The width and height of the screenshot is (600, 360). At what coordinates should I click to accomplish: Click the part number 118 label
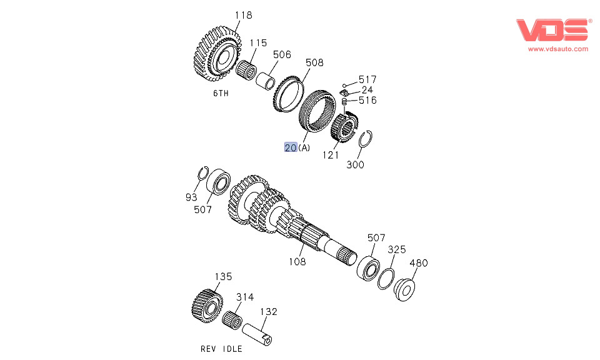244,14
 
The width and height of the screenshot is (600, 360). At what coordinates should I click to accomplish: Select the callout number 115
258,42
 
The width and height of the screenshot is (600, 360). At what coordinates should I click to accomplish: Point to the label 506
282,54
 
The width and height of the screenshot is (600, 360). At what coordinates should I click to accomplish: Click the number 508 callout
314,62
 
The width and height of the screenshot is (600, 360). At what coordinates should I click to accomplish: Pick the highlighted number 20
291,147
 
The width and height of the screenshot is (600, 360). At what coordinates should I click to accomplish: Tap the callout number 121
331,155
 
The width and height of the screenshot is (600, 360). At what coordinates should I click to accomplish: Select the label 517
367,79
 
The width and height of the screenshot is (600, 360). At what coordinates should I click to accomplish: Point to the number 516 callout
367,100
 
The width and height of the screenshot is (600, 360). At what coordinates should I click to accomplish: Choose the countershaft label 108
297,261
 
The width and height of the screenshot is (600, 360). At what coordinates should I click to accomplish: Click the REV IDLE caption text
221,348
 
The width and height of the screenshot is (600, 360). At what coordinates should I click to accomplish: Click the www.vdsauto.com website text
558,49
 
